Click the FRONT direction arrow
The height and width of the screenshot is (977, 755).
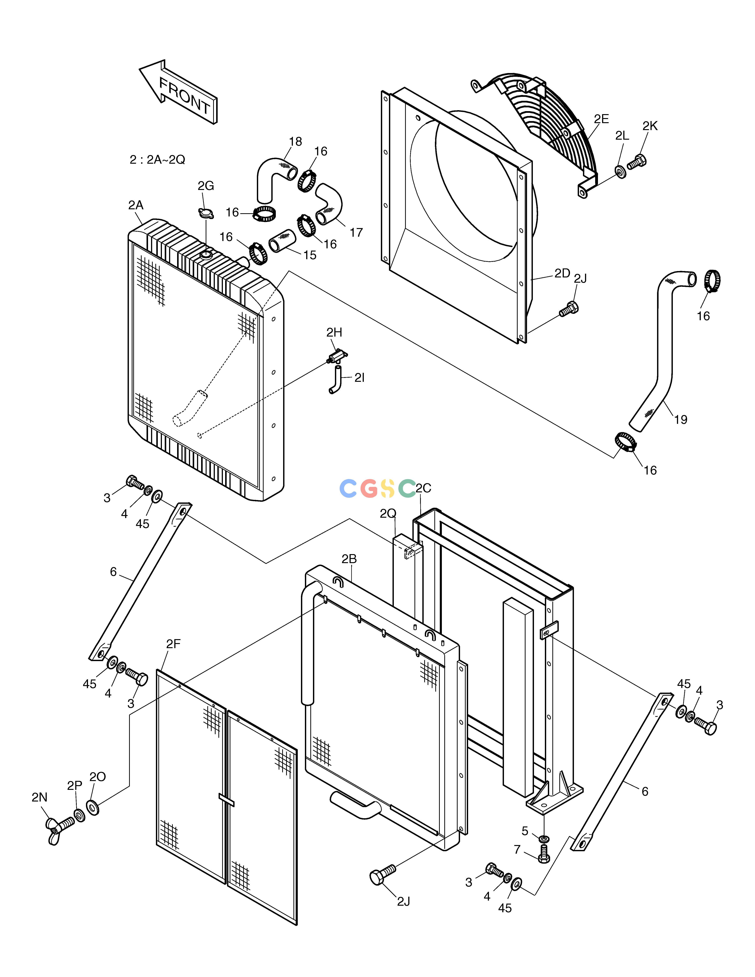pyautogui.click(x=178, y=92)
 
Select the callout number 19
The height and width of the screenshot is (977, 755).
pyautogui.click(x=680, y=420)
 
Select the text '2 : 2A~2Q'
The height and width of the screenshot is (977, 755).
pyautogui.click(x=157, y=160)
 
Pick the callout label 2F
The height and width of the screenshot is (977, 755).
pyautogui.click(x=173, y=644)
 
